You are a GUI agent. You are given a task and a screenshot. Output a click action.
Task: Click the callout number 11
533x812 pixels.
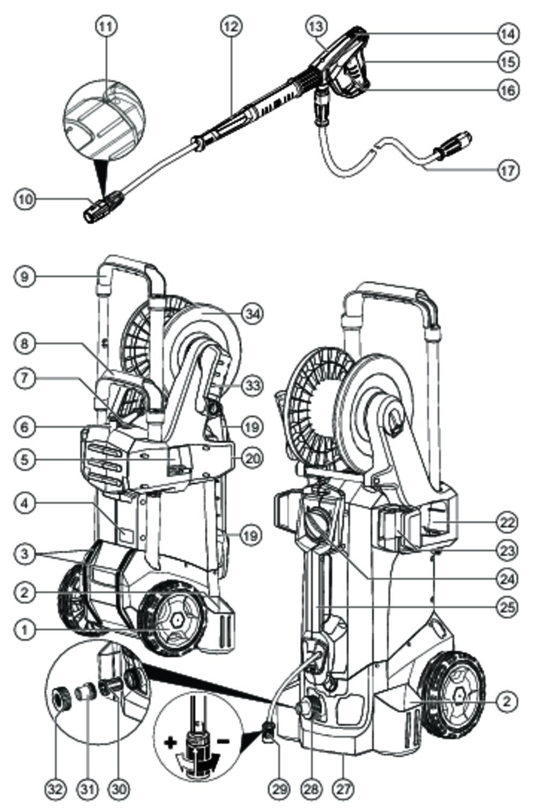106,26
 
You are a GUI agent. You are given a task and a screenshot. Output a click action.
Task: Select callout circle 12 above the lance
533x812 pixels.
231,26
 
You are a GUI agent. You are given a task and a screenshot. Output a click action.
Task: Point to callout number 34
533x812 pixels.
252,314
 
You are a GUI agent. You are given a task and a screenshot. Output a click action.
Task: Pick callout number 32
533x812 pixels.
56,789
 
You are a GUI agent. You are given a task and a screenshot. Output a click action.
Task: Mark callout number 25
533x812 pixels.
507,607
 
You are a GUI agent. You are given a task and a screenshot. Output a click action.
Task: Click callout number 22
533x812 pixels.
507,522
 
